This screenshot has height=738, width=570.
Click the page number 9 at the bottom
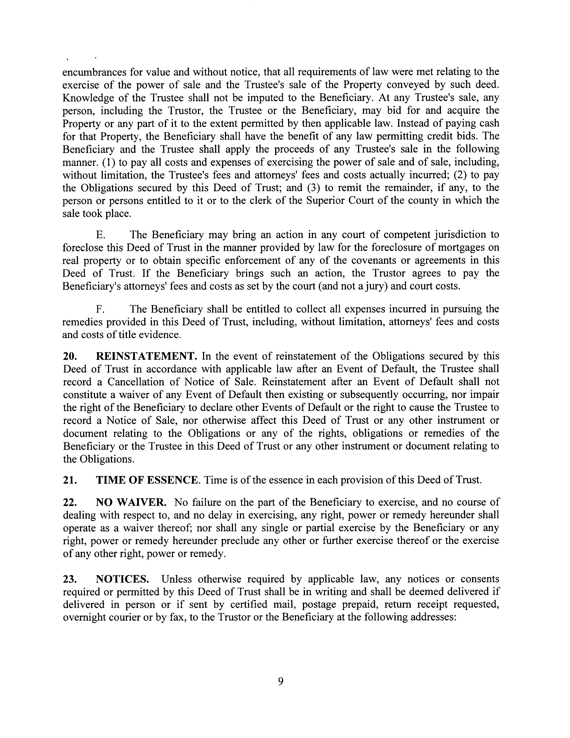280,681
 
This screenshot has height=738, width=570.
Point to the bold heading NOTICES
122,579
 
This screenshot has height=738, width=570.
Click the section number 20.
69,356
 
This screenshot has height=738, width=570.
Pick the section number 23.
69,579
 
